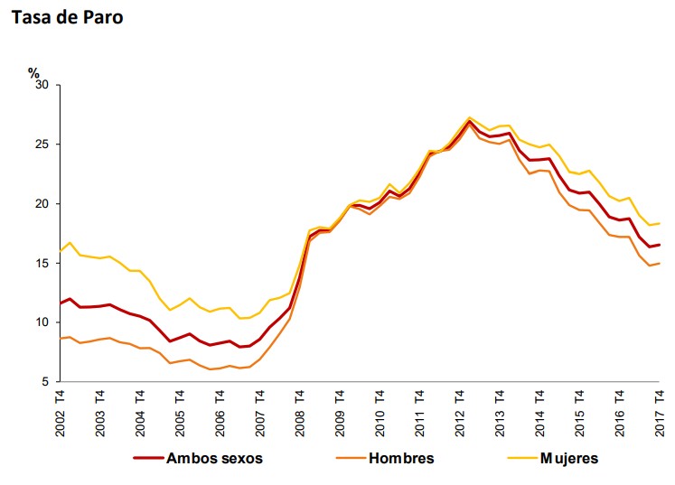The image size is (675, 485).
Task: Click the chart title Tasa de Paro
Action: [x=67, y=17]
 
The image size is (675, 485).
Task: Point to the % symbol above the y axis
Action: [x=33, y=72]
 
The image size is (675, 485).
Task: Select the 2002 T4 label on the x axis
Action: [x=61, y=412]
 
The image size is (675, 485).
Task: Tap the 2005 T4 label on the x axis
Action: [x=180, y=412]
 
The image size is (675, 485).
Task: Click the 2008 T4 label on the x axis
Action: [x=300, y=412]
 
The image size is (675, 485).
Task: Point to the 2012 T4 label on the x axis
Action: [x=460, y=412]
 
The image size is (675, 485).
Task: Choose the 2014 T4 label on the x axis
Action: [x=539, y=412]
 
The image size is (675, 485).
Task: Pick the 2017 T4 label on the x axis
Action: [x=660, y=412]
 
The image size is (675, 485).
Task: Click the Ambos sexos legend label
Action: [x=214, y=458]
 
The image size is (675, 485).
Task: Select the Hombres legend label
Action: [x=401, y=458]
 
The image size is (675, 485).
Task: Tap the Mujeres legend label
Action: [x=569, y=458]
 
